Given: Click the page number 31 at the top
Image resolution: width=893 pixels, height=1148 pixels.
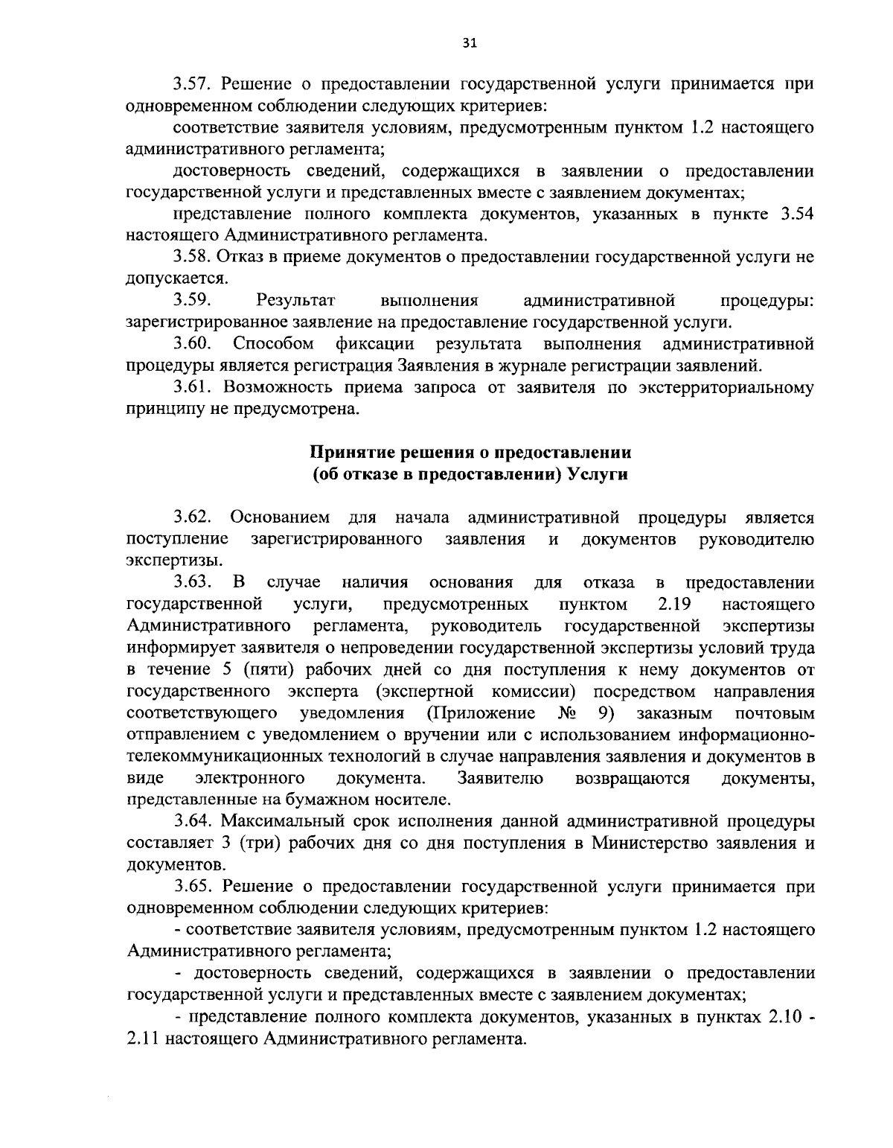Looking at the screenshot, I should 469,42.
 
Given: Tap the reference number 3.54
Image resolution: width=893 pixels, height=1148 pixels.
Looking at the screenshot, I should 793,214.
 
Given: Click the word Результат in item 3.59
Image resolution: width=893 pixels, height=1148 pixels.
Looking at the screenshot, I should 295,301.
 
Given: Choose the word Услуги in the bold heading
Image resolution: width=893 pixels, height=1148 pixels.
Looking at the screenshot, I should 598,475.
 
